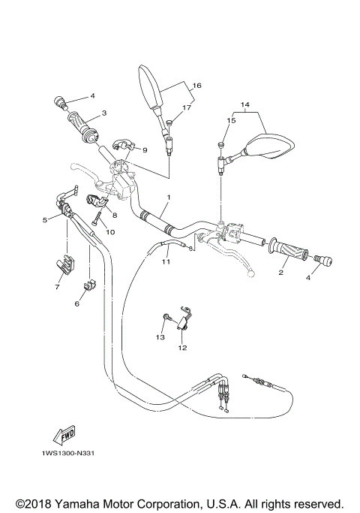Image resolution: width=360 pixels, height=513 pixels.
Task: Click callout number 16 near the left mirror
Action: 197,86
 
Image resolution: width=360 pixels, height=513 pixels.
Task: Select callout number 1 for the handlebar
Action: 169,198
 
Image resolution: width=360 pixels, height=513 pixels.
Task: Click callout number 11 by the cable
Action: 166,261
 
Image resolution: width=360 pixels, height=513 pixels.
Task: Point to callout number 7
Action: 57,286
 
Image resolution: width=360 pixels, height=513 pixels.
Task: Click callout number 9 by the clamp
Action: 145,150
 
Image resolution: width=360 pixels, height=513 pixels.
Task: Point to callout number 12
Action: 182,348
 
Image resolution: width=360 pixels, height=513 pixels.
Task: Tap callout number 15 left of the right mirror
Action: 231,120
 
